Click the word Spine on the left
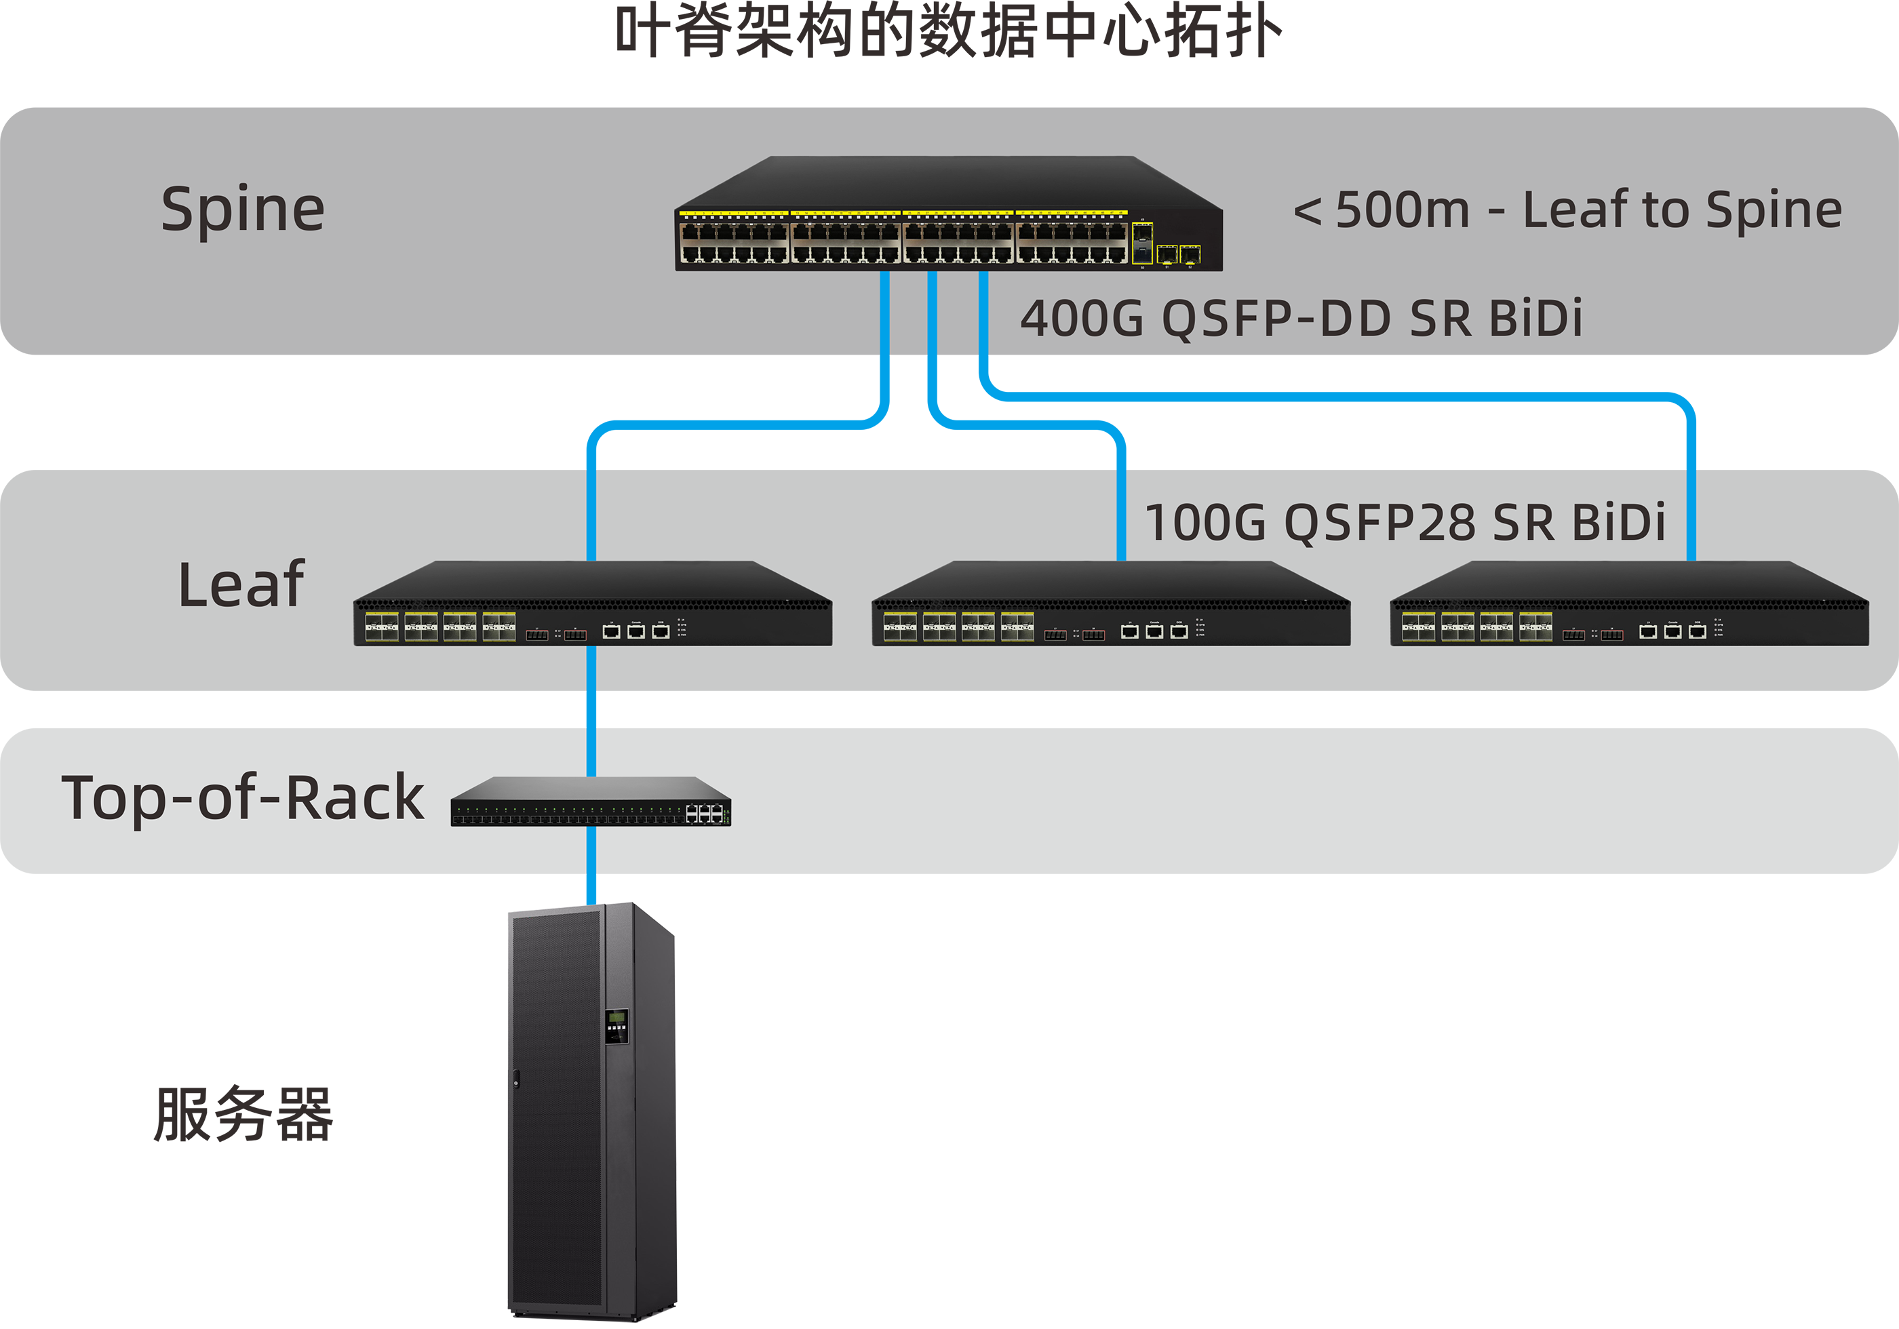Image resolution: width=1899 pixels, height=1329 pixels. coord(242,210)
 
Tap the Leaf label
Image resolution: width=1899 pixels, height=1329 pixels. coord(241,584)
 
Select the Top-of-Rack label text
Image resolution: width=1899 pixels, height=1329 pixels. coord(242,798)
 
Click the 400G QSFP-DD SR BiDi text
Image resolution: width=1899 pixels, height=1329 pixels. coord(1301,319)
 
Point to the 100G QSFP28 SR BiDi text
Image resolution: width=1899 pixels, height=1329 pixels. coord(1405,523)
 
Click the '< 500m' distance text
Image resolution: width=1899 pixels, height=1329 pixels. coord(1382,210)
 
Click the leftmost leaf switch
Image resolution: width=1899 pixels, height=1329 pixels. coord(592,605)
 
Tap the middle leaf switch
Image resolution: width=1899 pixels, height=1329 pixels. coord(1111,605)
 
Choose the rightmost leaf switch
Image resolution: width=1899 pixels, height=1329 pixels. coord(1628,605)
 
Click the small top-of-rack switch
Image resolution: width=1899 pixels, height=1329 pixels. coord(591,802)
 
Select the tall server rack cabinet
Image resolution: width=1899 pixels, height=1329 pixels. coord(592,1108)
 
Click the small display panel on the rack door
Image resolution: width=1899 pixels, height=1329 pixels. coord(616,1025)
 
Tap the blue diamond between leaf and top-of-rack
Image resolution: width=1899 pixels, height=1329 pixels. coord(591,709)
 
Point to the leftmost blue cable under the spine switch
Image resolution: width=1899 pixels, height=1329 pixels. coord(884,314)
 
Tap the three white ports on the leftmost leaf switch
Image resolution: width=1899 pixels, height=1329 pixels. coord(636,632)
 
